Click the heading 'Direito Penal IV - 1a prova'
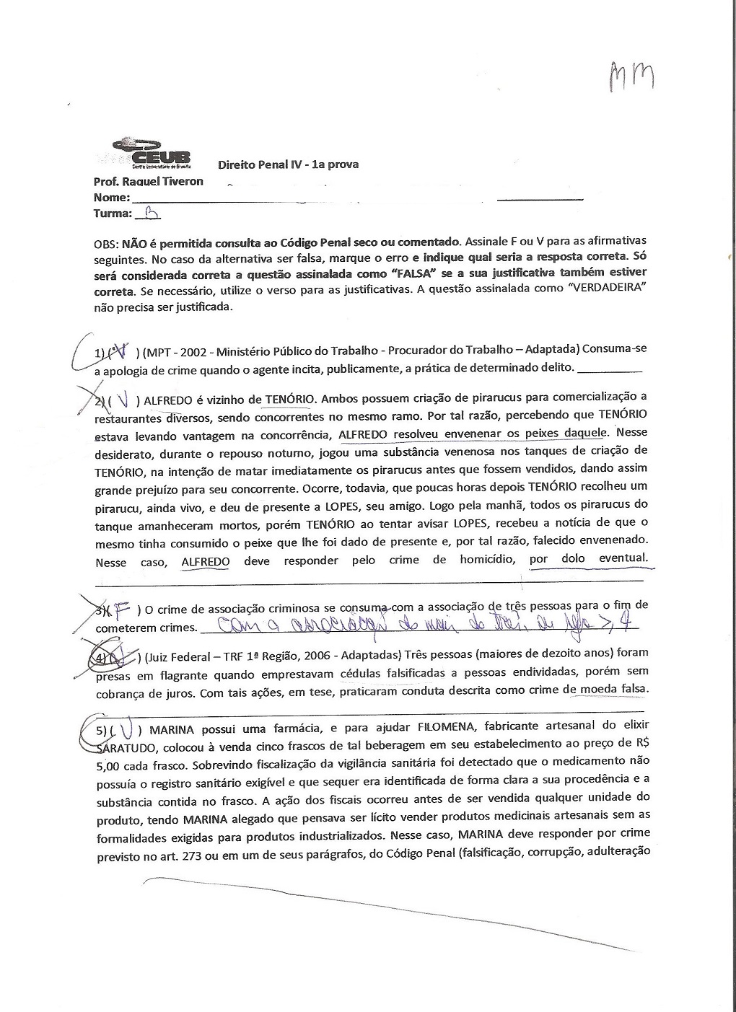click(288, 164)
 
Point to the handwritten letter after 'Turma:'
click(152, 212)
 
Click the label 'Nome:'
click(111, 197)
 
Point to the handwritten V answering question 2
click(125, 399)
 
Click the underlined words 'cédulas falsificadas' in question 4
click(398, 674)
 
